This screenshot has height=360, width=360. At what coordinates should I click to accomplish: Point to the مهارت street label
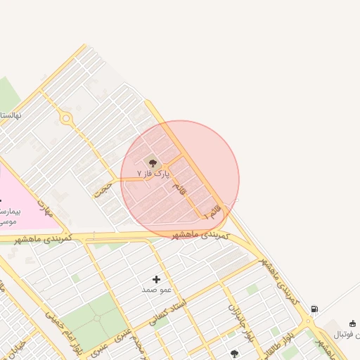(46, 209)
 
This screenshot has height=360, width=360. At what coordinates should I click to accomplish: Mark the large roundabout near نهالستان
(67, 118)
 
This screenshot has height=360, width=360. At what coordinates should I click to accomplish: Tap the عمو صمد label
(156, 289)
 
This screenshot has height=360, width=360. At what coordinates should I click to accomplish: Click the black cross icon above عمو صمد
(156, 279)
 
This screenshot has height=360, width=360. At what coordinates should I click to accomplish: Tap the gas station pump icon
(314, 309)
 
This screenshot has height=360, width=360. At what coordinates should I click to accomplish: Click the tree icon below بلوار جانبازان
(234, 354)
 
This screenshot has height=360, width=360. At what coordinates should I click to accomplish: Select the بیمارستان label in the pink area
(11, 211)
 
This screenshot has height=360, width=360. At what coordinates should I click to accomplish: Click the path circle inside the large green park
(96, 319)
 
